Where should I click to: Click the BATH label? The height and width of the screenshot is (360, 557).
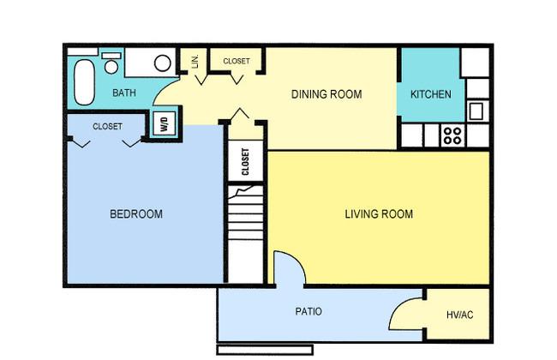pyautogui.click(x=124, y=93)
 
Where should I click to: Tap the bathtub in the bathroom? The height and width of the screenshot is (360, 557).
pyautogui.click(x=84, y=82)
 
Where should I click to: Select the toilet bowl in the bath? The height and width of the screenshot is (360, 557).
pyautogui.click(x=111, y=67)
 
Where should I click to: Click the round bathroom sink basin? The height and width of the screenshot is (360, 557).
pyautogui.click(x=162, y=63)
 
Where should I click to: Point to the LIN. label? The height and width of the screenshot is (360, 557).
pyautogui.click(x=195, y=61)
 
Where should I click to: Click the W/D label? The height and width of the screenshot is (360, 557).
pyautogui.click(x=165, y=123)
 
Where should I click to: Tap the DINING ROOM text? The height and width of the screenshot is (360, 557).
pyautogui.click(x=326, y=94)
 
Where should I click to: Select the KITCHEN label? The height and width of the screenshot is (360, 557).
pyautogui.click(x=431, y=94)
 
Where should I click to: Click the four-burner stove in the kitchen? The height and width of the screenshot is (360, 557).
pyautogui.click(x=453, y=135)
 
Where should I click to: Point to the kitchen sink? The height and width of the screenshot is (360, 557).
pyautogui.click(x=476, y=111)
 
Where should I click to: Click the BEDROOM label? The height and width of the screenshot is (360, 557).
pyautogui.click(x=136, y=214)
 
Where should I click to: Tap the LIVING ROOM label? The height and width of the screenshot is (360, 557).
pyautogui.click(x=379, y=214)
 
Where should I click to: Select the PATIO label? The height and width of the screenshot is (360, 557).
pyautogui.click(x=308, y=312)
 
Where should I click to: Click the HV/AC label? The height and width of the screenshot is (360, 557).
pyautogui.click(x=459, y=315)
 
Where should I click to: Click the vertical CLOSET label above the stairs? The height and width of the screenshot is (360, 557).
pyautogui.click(x=245, y=162)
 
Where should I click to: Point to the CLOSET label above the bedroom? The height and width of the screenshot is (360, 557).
pyautogui.click(x=107, y=127)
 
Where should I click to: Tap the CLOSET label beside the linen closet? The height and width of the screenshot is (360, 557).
pyautogui.click(x=237, y=61)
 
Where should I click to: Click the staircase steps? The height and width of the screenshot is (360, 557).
pyautogui.click(x=245, y=213)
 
